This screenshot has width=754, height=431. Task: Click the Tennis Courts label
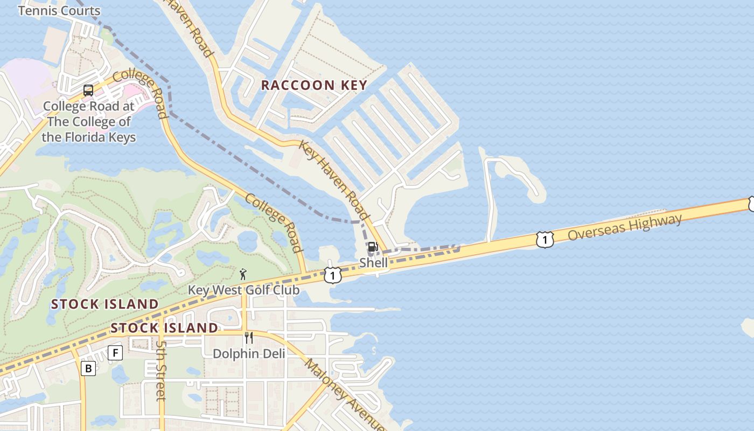point(59,11)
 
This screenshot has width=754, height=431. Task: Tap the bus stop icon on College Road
point(88,91)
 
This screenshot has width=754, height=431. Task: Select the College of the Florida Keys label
point(89,122)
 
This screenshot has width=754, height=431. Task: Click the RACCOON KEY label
point(314,85)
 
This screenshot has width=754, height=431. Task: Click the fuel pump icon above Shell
point(372,247)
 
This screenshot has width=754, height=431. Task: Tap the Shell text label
point(373,263)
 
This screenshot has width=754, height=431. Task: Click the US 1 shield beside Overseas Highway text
point(545,240)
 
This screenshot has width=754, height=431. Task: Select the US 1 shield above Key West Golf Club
point(333,275)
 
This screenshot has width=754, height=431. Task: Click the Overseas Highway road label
point(625,227)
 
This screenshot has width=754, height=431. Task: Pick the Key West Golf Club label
point(243,290)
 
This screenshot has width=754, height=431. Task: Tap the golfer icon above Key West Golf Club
point(243,274)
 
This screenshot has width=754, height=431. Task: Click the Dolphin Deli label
point(249,353)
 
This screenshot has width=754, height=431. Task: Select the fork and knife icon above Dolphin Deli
point(249,338)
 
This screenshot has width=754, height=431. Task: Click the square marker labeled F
point(115,353)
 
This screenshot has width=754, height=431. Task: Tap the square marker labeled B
point(88,369)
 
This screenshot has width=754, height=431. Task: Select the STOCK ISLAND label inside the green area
point(105,304)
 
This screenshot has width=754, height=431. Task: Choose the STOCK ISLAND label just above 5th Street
point(164,328)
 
